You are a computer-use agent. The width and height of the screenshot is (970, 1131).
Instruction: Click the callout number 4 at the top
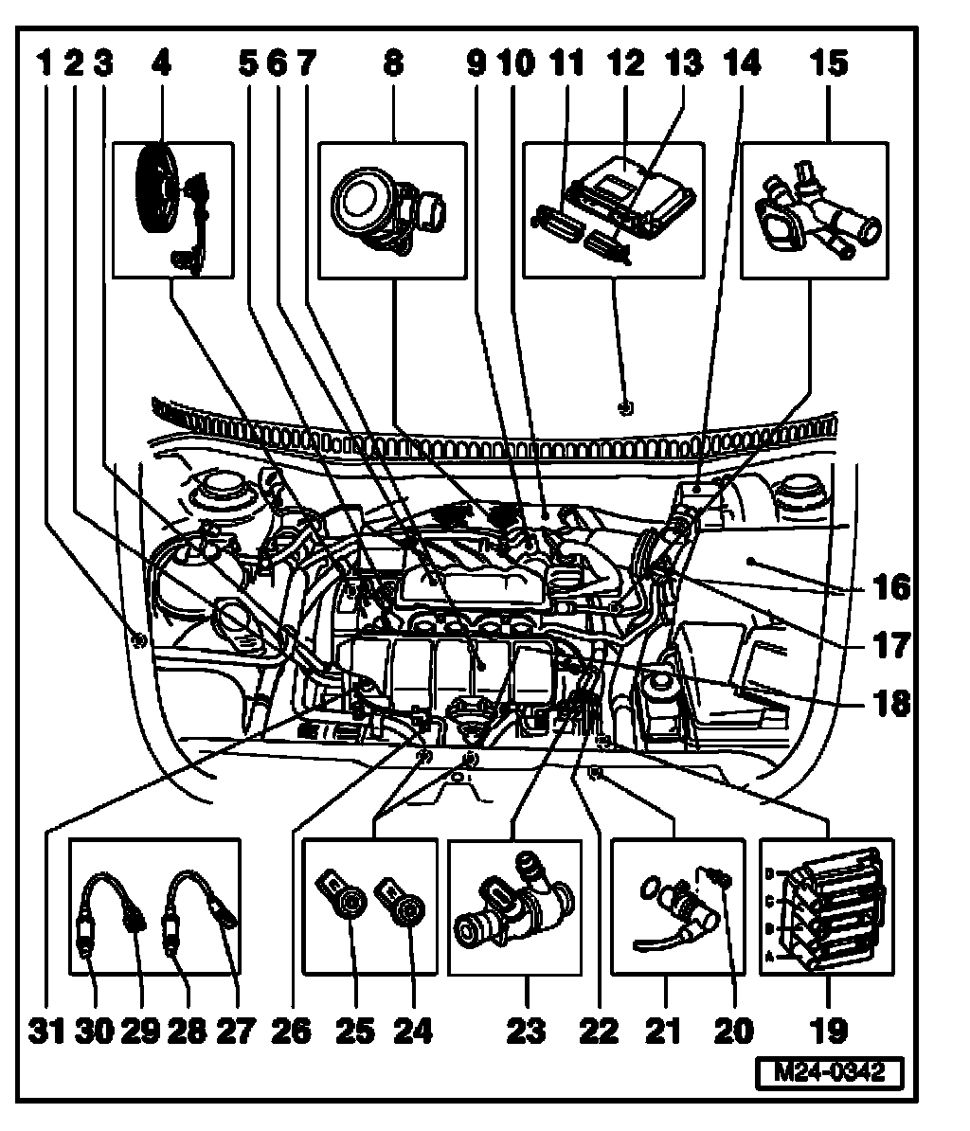click(161, 64)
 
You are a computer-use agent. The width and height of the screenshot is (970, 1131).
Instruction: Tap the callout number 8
click(392, 64)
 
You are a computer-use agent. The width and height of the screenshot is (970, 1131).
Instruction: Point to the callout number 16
click(891, 586)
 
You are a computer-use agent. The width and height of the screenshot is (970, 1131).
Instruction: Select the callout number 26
click(290, 1029)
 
